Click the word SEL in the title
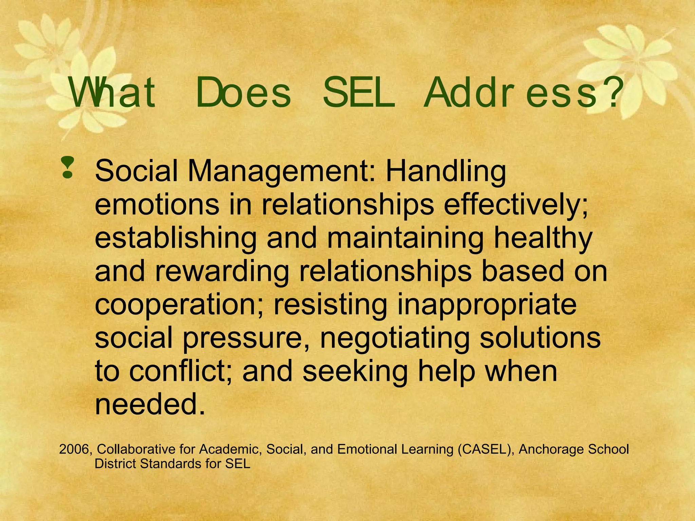point(359,92)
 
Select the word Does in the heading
point(243,92)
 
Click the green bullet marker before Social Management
point(68,167)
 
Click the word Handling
point(446,171)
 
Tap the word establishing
point(175,238)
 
